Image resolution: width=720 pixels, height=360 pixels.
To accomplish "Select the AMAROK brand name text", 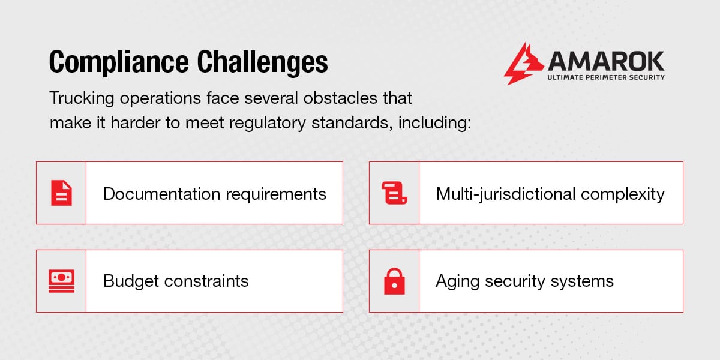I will point(606,61).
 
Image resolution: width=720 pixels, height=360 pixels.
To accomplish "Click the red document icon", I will point(61,193).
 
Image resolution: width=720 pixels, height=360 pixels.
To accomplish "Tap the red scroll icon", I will point(394,193).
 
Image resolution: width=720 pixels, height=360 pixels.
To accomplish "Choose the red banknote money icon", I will point(61,281).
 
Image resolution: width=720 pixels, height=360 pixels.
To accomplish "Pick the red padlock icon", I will point(394,281).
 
